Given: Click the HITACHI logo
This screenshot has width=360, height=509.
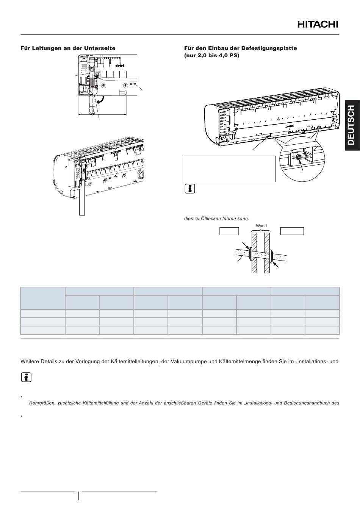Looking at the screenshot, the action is [x=318, y=24].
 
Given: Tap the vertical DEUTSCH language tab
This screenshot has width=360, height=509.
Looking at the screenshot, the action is [x=352, y=125].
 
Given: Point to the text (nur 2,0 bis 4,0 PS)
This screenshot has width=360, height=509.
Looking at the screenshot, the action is [x=211, y=55].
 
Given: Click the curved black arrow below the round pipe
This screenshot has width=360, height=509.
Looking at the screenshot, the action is [x=101, y=100].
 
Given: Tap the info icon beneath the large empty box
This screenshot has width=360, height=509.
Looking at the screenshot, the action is [x=190, y=189].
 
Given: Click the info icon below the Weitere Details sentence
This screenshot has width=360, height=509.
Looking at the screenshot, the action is [x=26, y=377].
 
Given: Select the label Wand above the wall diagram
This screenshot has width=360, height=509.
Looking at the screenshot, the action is [x=261, y=226].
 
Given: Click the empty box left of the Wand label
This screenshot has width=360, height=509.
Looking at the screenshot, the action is [x=229, y=231].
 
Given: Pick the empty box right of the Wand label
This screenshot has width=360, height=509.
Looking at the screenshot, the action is [x=292, y=231].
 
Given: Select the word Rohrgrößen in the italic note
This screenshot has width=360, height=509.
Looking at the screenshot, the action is [x=42, y=403].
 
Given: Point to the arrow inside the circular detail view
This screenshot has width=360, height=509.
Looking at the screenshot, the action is [x=301, y=165].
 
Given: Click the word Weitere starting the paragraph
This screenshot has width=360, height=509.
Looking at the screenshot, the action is [x=29, y=362].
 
